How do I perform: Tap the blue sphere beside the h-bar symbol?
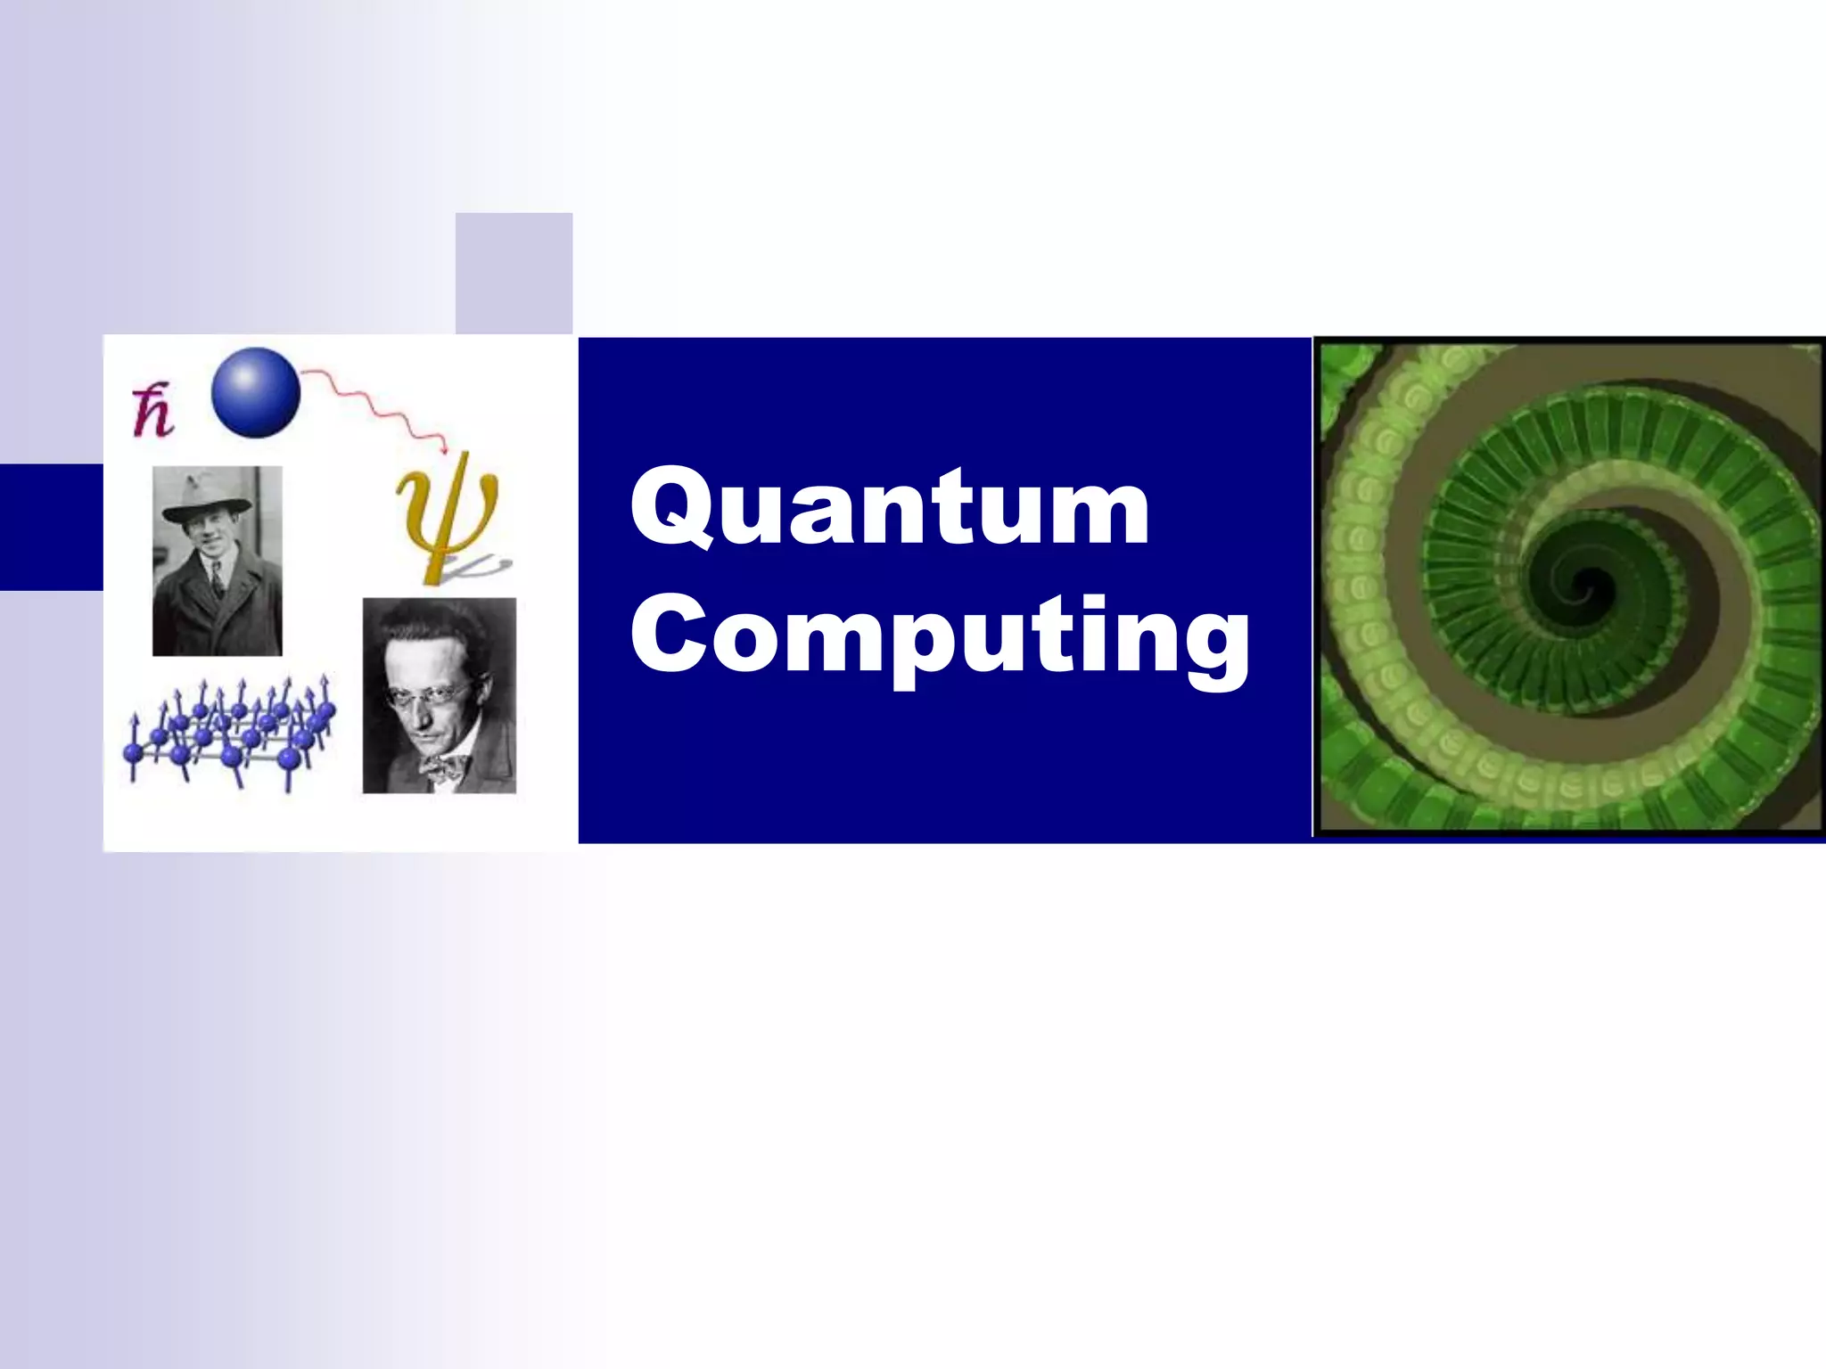[256, 392]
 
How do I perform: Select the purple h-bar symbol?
[152, 412]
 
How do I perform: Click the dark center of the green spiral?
[1583, 587]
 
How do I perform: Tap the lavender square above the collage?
[514, 273]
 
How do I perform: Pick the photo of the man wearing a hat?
[217, 561]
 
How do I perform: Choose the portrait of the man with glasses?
[439, 695]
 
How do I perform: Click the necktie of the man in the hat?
[217, 579]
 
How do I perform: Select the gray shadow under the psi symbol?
[481, 565]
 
